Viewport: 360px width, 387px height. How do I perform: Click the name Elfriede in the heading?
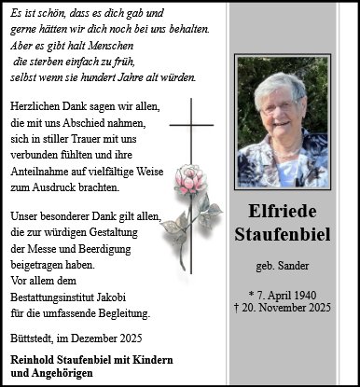tap(284, 214)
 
